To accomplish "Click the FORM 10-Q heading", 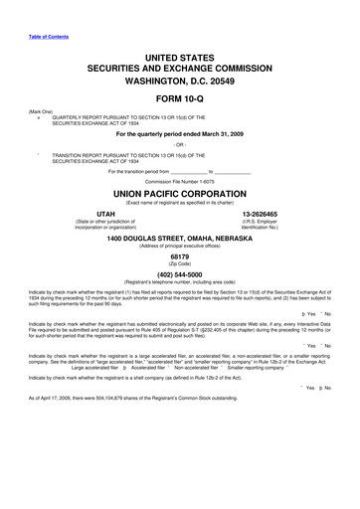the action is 180,100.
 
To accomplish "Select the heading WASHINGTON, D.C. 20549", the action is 180,78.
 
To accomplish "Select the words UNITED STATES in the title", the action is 180,48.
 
